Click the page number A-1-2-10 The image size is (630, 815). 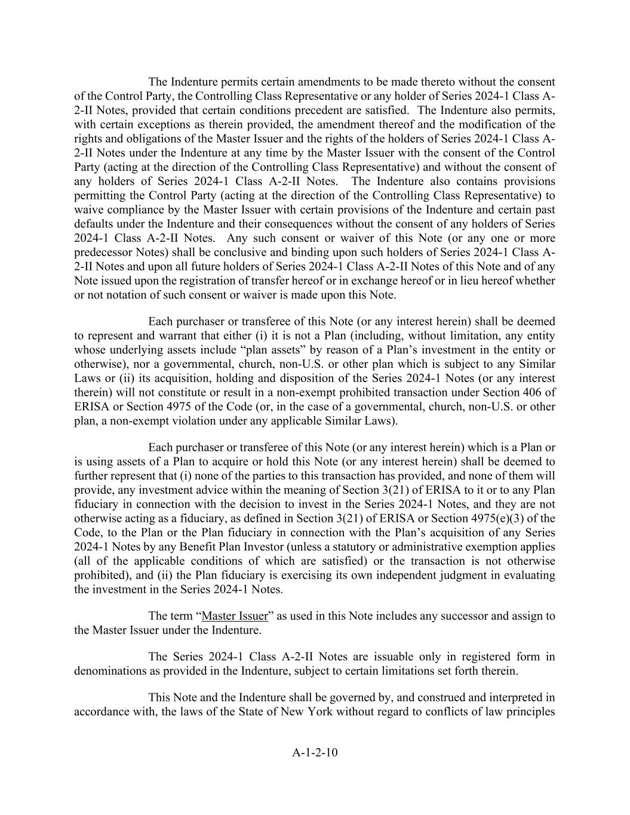pos(315,752)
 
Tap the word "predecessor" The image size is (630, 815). pos(106,252)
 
